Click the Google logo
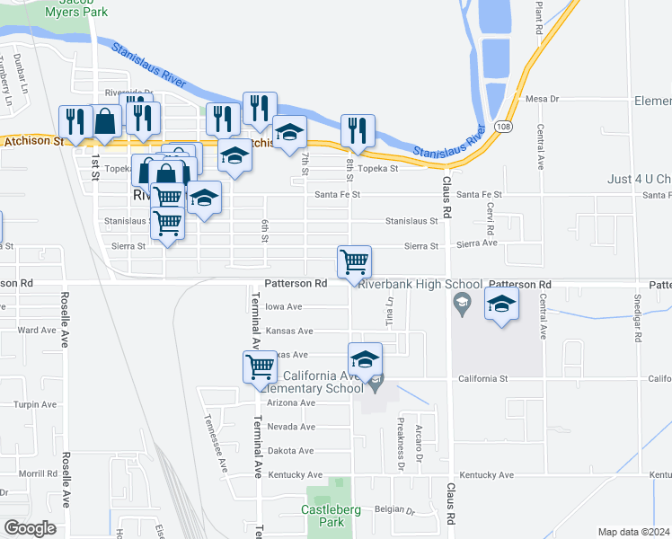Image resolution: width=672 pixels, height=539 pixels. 30,528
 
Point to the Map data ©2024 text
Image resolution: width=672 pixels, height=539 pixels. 633,532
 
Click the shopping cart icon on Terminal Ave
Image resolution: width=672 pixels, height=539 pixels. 260,366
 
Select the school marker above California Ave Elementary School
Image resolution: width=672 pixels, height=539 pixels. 366,358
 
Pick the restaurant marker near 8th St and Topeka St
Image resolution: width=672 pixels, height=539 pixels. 358,130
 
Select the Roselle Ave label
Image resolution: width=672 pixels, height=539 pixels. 65,319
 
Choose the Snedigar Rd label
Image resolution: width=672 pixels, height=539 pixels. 639,319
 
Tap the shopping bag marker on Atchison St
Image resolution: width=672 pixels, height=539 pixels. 105,122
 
